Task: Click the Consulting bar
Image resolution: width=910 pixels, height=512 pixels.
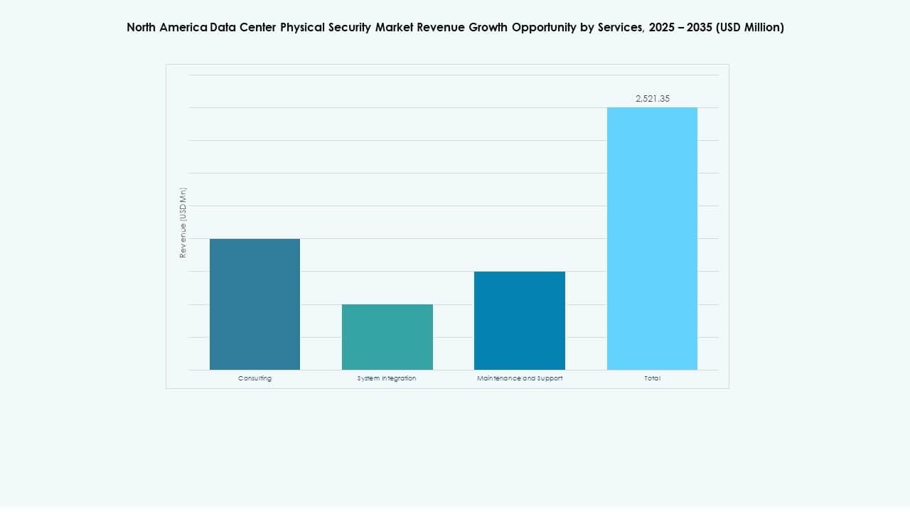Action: coord(255,304)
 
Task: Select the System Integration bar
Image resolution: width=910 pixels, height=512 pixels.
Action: coord(387,337)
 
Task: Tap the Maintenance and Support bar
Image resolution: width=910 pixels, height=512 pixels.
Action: coord(520,321)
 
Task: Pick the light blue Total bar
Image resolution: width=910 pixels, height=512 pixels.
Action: coord(652,239)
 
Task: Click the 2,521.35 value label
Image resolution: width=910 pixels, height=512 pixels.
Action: coord(652,99)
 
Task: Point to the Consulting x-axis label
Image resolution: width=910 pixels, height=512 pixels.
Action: coord(255,378)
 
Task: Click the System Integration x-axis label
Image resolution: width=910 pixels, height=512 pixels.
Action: coord(387,378)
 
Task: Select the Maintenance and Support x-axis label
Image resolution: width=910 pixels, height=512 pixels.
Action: coord(520,378)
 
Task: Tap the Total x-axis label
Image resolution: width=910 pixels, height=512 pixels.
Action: coord(652,378)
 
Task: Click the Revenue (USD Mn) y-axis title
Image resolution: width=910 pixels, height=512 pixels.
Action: coord(183,223)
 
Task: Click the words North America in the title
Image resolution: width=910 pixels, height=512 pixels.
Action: coord(167,28)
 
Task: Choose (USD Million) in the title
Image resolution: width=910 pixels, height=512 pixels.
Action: coord(750,28)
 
